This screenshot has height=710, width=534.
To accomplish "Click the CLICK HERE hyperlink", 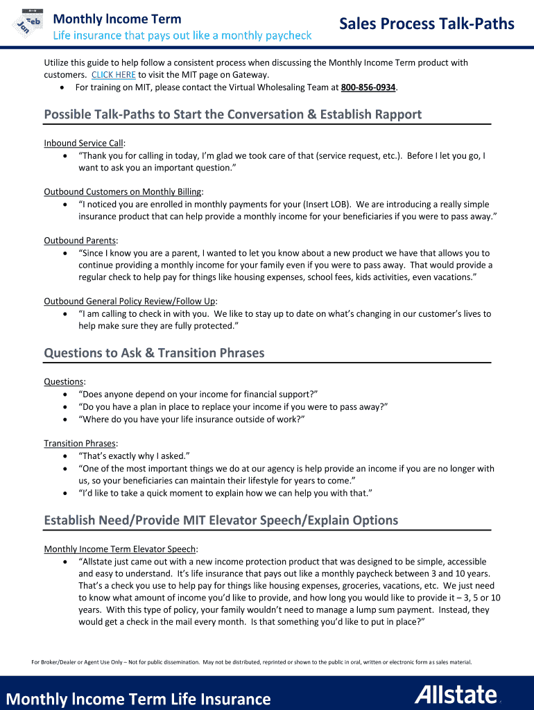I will [x=113, y=75].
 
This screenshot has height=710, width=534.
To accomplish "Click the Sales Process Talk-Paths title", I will [x=427, y=25].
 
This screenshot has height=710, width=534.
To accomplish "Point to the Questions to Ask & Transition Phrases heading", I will [x=154, y=353].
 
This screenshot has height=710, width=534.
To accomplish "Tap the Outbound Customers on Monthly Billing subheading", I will [x=123, y=192].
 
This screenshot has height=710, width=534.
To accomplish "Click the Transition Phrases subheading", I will [x=80, y=444].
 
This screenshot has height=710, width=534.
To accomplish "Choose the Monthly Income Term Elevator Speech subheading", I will [x=120, y=549].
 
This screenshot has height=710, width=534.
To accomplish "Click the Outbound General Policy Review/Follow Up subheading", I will [x=130, y=302].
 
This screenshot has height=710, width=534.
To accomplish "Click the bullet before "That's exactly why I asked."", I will [x=64, y=456].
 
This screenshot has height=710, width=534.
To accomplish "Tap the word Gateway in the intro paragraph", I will [x=250, y=75].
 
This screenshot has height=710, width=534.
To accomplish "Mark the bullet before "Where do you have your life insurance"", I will [x=64, y=419].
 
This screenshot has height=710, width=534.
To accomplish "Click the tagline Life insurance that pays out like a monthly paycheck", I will [x=182, y=35].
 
